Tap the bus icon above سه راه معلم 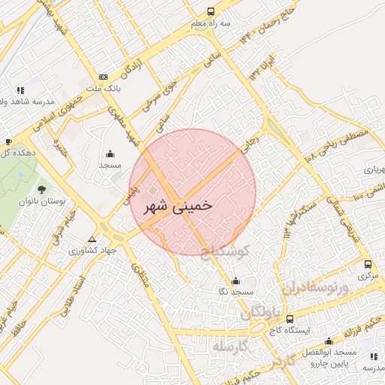(x=210, y=11)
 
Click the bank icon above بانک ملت (x=103, y=77)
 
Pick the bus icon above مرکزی (x=368, y=264)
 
